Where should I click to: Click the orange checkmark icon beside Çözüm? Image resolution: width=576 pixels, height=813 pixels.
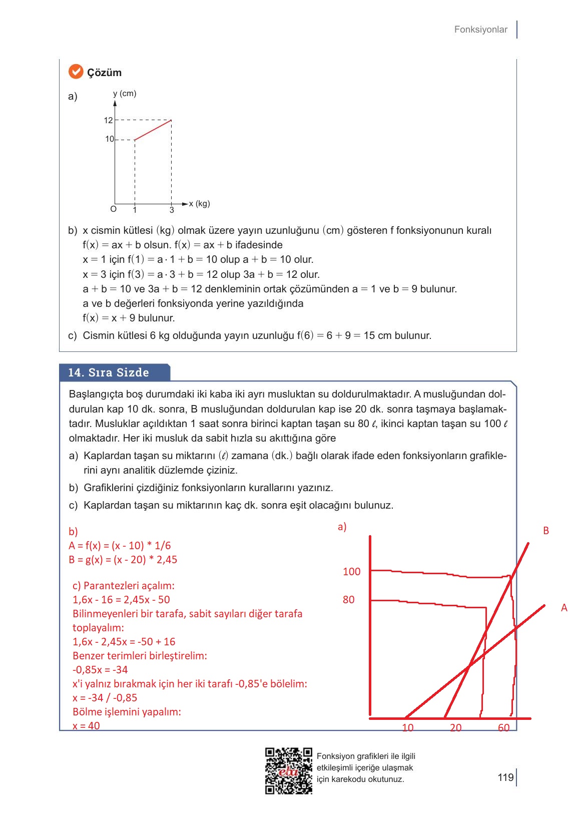pos(76,72)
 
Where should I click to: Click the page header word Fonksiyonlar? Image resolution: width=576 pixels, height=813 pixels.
pos(480,30)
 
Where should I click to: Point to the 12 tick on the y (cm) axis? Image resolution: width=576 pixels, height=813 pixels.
pos(109,120)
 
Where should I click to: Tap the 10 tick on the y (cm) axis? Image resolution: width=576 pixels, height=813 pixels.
pos(110,139)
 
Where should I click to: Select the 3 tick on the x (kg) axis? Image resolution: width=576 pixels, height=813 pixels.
pos(172,210)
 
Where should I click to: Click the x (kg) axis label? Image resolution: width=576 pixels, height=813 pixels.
pos(199,204)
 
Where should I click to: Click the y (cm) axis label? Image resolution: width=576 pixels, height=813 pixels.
pos(125,94)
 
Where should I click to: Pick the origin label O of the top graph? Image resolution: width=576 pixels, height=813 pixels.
pos(113,209)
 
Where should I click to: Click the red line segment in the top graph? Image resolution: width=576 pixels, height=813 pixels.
pos(153,130)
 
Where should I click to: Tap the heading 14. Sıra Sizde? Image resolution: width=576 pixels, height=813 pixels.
pos(109,372)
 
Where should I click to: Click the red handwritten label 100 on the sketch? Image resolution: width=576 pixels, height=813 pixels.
pos(351,572)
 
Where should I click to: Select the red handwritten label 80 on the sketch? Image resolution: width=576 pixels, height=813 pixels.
pos(348,600)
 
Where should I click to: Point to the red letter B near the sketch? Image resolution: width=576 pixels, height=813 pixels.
pos(546,531)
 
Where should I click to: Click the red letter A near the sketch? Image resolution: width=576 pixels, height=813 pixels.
pos(564,608)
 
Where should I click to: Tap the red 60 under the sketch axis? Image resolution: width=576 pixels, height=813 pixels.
pos(503,728)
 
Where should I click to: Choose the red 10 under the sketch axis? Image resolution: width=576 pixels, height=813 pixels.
pos(408,728)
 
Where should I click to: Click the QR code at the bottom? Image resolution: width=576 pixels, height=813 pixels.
pos(289,771)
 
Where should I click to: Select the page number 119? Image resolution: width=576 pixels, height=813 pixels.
pos(505,777)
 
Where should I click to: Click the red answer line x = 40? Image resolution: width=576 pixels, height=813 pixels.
pos(86,726)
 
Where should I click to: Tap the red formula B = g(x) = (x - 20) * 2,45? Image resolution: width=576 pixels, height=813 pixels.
pos(123,560)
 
